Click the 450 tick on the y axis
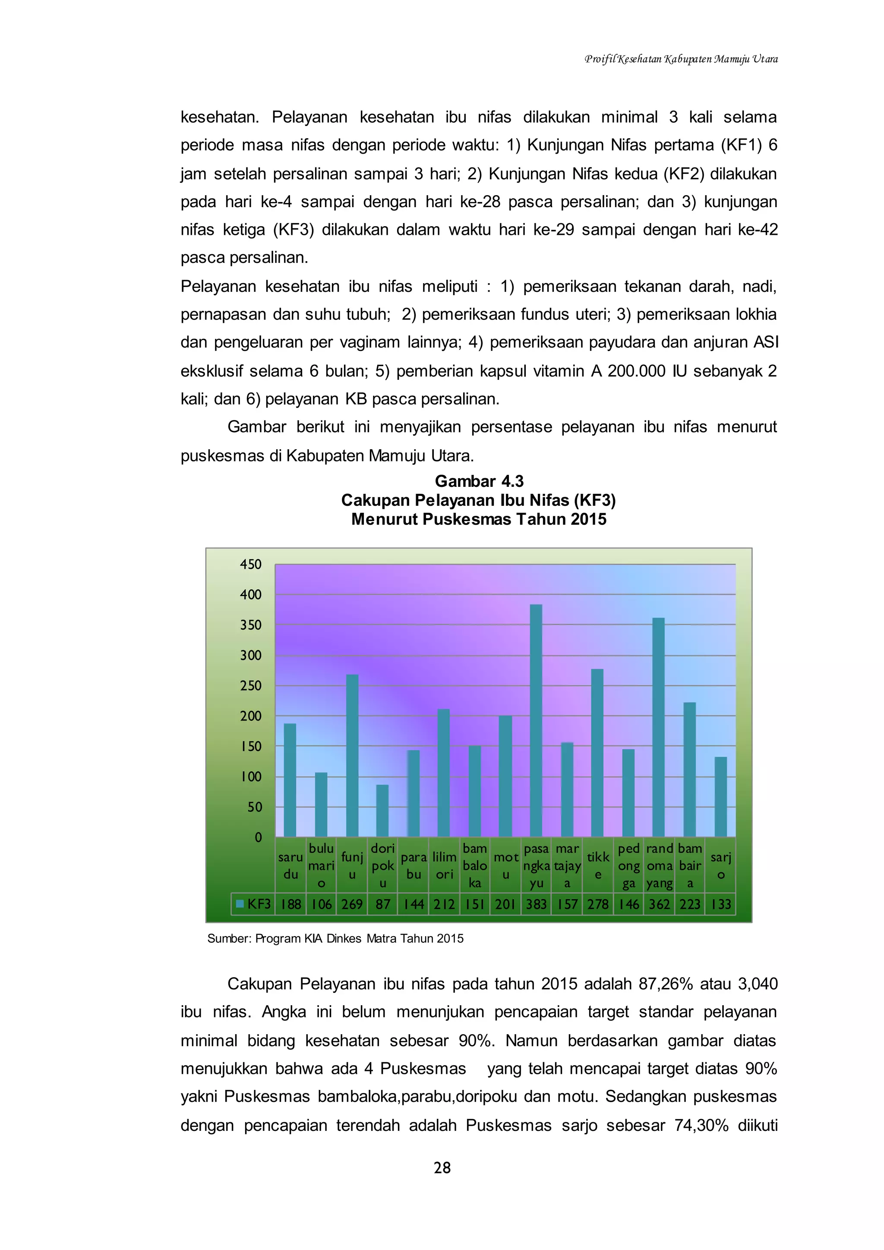tap(251, 565)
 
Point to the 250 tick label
tap(251, 686)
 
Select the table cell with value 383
tap(536, 904)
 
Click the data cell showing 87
tap(383, 904)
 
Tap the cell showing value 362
tap(659, 904)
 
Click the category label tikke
tap(598, 866)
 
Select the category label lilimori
tap(444, 866)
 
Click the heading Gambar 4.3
tap(479, 481)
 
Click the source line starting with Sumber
tap(335, 939)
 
